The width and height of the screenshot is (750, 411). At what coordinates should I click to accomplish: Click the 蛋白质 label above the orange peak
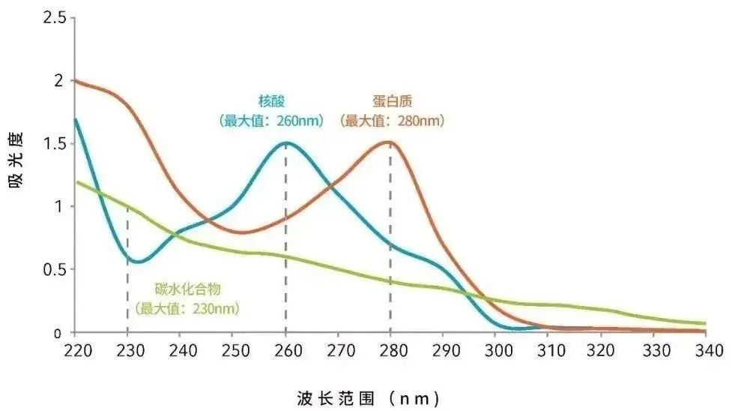click(x=392, y=100)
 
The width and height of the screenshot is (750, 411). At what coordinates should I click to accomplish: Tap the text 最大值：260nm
click(x=271, y=120)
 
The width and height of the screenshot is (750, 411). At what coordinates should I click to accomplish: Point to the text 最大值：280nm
click(x=392, y=120)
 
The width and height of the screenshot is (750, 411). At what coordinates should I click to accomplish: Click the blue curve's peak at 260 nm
click(x=285, y=143)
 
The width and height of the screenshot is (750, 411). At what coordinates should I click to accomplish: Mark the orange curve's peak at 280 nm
click(x=390, y=142)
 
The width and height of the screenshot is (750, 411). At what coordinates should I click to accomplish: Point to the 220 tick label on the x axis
click(x=75, y=349)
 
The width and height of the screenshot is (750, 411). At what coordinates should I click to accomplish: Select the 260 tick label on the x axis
click(x=285, y=349)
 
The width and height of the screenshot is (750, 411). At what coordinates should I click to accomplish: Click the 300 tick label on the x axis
click(x=495, y=349)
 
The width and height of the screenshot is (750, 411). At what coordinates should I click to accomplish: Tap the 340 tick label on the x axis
click(x=705, y=349)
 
